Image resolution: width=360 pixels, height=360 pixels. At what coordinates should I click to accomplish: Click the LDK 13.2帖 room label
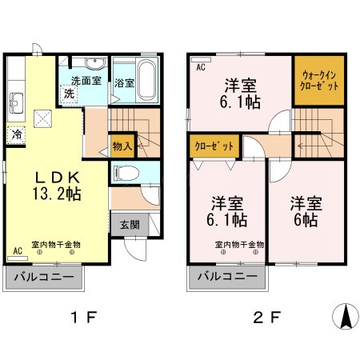56,185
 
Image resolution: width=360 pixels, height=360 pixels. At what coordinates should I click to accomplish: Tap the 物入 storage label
122,147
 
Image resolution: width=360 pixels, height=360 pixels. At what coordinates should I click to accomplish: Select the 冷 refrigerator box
17,135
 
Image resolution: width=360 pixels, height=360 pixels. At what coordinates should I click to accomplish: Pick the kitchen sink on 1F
16,101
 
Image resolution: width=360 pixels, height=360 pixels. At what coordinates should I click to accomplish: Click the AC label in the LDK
18,251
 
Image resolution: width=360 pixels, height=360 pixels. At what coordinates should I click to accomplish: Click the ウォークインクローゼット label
318,80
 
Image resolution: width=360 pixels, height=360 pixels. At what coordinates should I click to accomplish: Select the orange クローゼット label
214,147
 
